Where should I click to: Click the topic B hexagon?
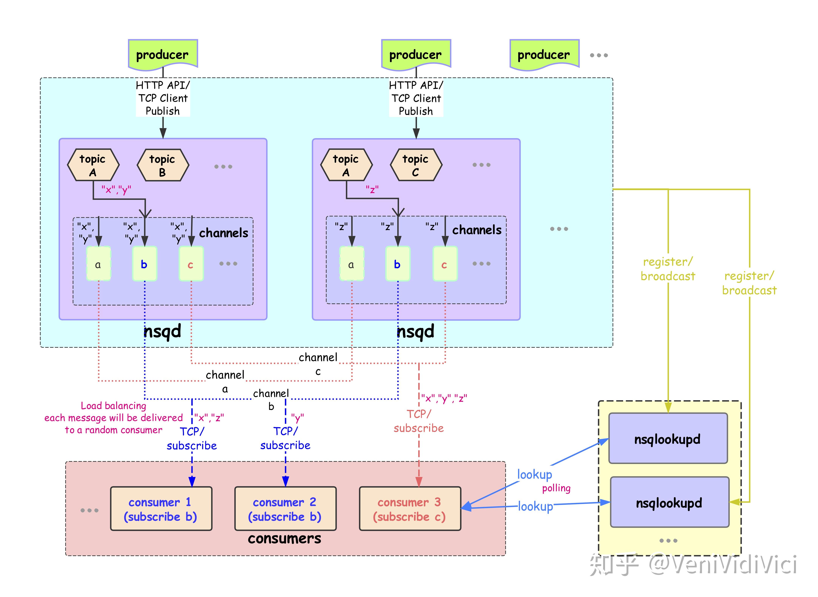[163, 165]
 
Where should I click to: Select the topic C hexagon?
[416, 165]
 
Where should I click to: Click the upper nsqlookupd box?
[668, 438]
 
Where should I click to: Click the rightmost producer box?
[544, 54]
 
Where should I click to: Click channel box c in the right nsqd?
[445, 264]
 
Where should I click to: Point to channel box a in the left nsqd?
[98, 264]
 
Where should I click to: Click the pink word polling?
[556, 488]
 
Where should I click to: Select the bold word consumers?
[284, 539]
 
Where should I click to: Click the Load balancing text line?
[113, 405]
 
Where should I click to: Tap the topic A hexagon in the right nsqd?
[346, 165]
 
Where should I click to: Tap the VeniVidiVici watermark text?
[723, 565]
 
